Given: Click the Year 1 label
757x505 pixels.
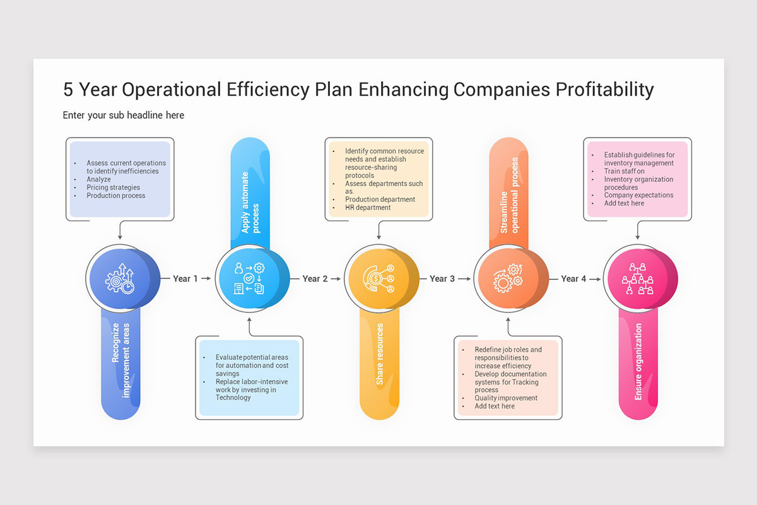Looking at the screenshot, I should point(185,278).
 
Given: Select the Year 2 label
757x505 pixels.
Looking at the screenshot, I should point(315,278).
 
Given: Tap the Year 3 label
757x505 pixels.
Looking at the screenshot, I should point(442,278).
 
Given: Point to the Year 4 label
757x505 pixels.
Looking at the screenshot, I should point(573,278).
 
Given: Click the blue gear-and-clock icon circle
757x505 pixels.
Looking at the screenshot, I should point(119,278).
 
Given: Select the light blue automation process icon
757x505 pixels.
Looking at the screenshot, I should point(249,278).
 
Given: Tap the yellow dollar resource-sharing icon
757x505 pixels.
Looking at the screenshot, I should point(378,278).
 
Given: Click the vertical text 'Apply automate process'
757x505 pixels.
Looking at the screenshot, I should point(250,202).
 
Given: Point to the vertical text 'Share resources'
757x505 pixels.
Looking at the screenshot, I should point(380,354).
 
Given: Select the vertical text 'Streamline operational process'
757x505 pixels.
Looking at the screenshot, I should point(509,196).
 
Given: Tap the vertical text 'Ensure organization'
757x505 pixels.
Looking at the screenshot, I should point(638,361).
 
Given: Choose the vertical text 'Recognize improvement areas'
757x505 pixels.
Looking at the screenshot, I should point(120,360).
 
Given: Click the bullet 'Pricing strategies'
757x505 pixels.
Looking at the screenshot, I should point(114,187).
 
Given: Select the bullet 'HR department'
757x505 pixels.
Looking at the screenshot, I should point(368,208).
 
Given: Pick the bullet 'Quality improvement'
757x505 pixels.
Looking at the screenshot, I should point(506,398).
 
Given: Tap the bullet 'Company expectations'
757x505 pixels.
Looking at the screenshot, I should point(638,196).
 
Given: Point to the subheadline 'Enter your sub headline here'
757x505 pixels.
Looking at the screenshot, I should point(124,116).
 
